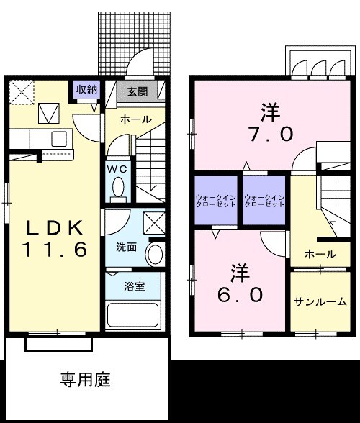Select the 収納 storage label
pos(87,89)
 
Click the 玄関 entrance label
pos(138,91)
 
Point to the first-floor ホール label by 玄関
pos(135,119)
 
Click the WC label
pos(117,168)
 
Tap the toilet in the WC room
pos(119,189)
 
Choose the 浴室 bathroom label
pos(135,287)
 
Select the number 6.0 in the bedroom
pos(241,294)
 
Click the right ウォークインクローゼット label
pos(264,200)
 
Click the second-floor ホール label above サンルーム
pos(320,254)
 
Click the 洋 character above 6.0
pos(240,272)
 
